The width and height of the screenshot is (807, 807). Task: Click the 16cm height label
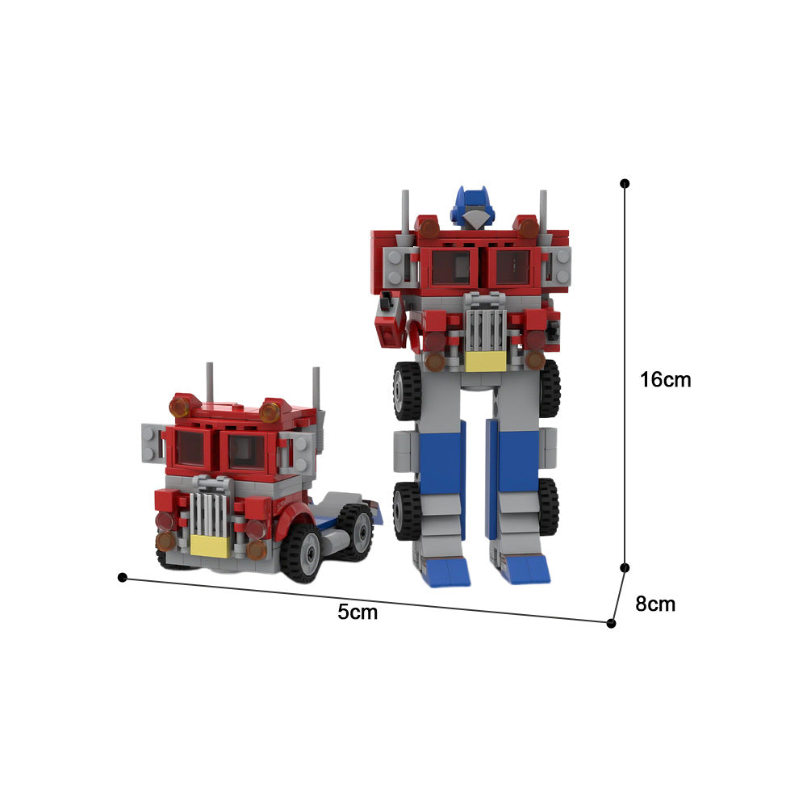coord(665,379)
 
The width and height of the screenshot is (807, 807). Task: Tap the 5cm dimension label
coord(358,612)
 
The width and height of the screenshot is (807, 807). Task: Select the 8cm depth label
coord(655,604)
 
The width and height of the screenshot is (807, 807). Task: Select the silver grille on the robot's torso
coord(485,327)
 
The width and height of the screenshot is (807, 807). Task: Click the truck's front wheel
coord(302,552)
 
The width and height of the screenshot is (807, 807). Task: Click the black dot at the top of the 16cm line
coord(625,184)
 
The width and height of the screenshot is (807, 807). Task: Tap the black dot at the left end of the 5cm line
coord(123,577)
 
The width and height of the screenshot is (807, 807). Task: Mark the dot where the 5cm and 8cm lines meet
coord(611,623)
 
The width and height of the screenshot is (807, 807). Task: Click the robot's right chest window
coord(512,266)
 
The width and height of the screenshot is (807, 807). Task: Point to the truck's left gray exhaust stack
coord(210,379)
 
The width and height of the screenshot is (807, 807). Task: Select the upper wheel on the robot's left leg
coord(405,390)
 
